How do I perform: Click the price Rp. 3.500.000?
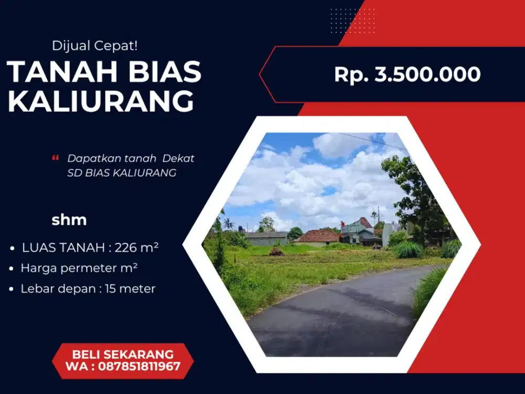[407, 75]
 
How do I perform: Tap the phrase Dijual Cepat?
[94, 46]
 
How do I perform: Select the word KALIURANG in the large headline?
[101, 102]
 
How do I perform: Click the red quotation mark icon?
[56, 158]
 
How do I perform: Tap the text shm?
[69, 220]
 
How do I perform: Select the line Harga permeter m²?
[79, 268]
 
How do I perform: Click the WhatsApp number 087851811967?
[138, 366]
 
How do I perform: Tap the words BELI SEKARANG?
[123, 354]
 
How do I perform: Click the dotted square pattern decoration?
[353, 21]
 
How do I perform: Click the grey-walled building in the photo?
[266, 239]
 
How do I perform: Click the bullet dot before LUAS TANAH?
[12, 248]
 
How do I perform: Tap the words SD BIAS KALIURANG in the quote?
[122, 173]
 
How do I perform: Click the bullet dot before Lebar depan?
[12, 289]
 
